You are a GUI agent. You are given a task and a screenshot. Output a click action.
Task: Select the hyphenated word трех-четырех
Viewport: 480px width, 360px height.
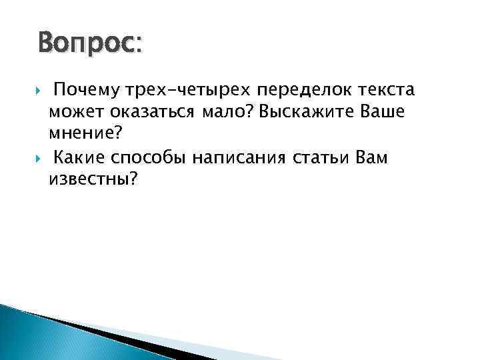click(175, 91)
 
